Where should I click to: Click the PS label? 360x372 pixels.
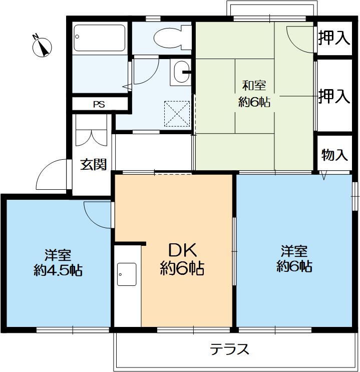(x=99, y=105)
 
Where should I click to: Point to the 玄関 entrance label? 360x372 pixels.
(x=94, y=165)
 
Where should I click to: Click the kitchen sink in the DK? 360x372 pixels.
(x=126, y=274)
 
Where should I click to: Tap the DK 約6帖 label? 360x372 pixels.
(x=182, y=259)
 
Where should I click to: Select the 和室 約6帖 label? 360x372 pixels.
(x=254, y=94)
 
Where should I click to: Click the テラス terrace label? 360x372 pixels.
(x=229, y=349)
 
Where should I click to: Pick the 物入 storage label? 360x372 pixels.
(x=334, y=155)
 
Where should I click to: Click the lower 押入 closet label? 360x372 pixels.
(x=334, y=96)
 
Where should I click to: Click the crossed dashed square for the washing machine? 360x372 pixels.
(x=177, y=113)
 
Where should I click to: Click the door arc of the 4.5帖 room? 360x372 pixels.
(x=97, y=212)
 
